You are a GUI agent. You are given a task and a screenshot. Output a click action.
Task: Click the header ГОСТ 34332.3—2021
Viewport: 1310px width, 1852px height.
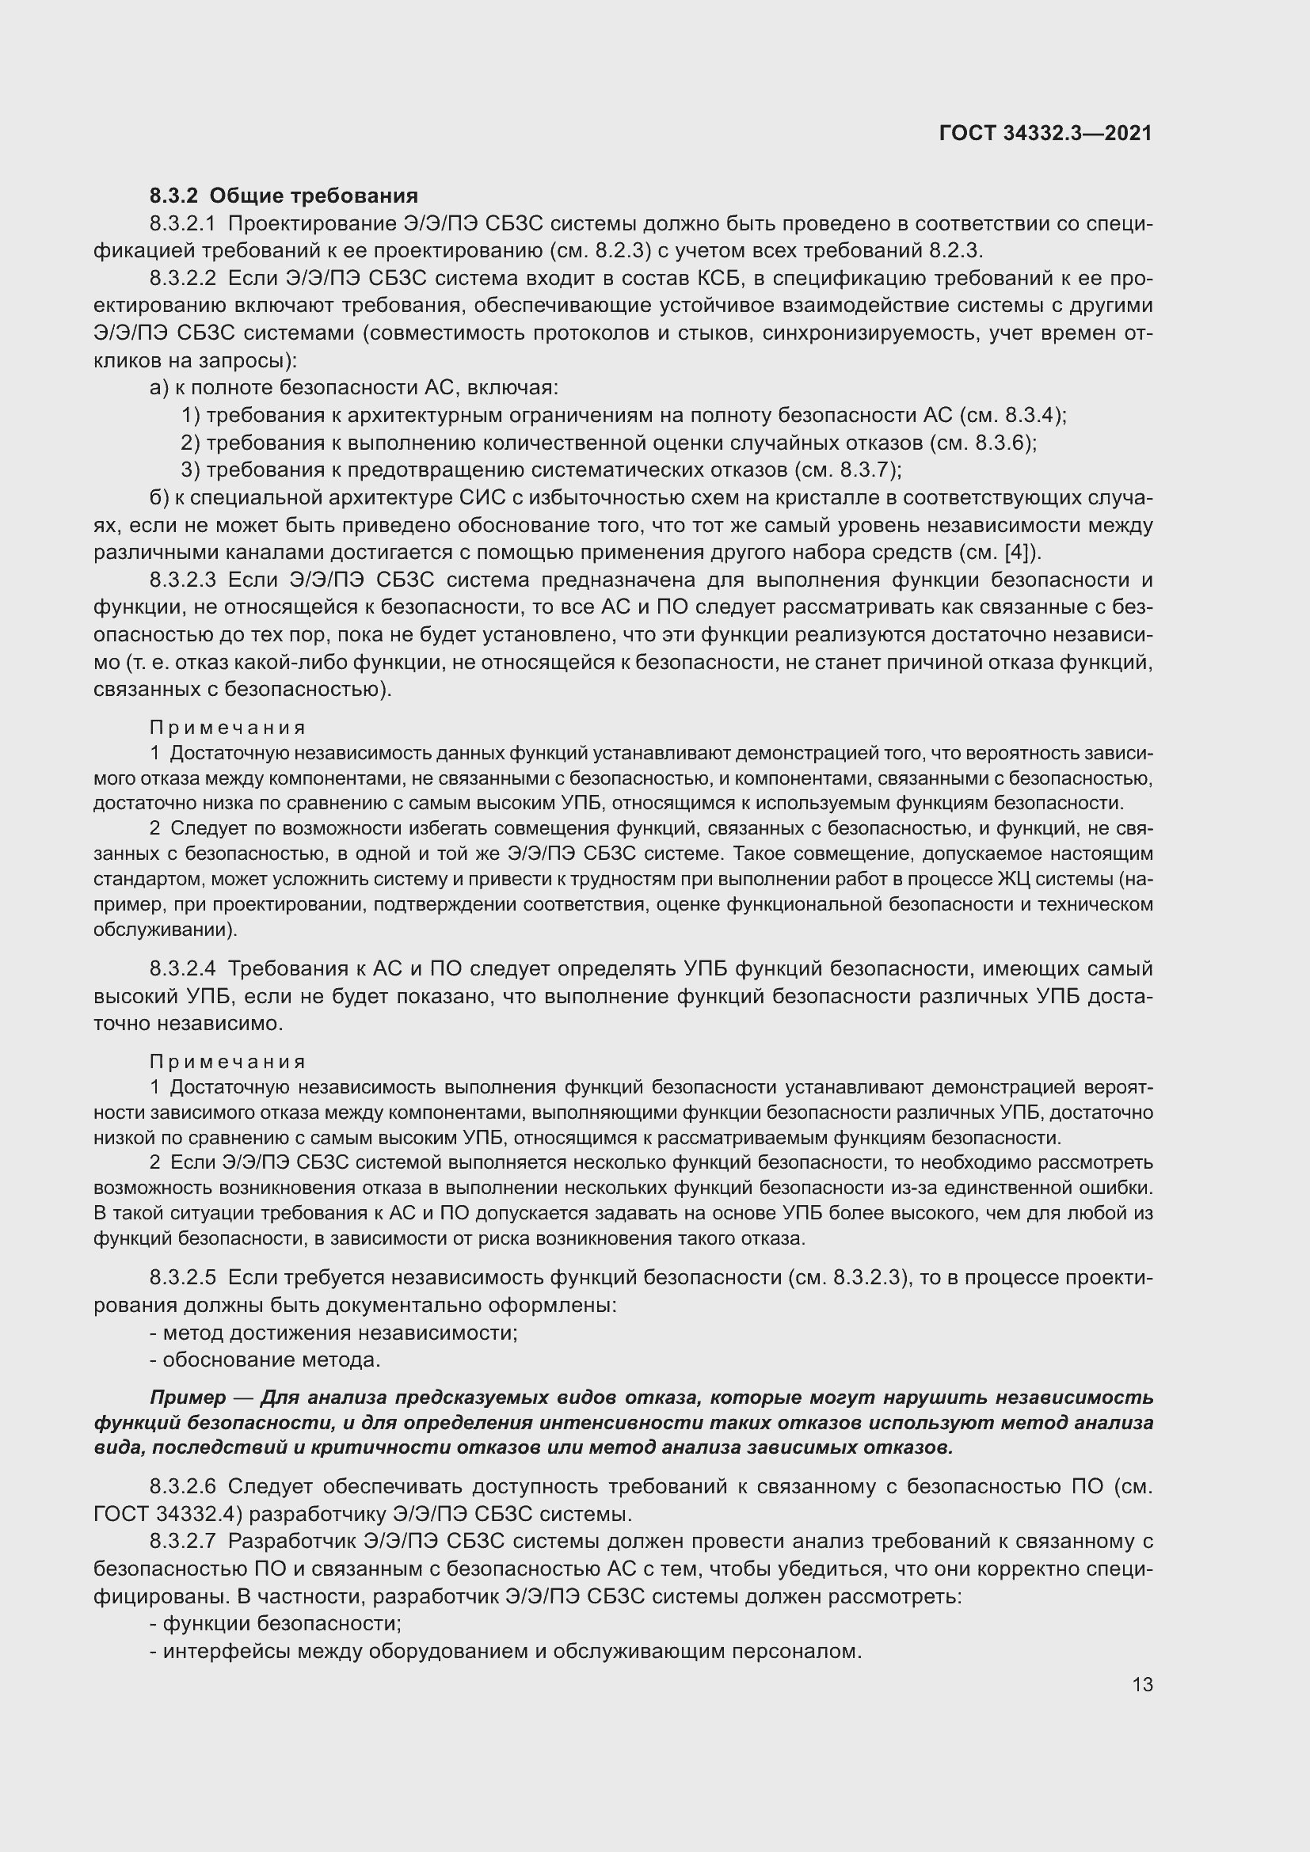click(x=1045, y=134)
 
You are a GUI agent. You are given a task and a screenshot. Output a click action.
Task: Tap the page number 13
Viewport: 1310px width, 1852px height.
click(x=1142, y=1685)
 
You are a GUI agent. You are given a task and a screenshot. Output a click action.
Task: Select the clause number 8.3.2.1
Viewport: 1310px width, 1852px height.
click(x=182, y=223)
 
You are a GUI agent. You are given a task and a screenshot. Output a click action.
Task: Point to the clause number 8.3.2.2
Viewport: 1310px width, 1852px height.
click(x=182, y=279)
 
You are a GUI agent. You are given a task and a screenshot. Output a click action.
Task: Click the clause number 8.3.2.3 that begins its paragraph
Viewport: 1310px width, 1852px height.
click(x=182, y=580)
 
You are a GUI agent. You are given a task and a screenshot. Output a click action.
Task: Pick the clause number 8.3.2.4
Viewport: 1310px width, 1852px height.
click(x=182, y=968)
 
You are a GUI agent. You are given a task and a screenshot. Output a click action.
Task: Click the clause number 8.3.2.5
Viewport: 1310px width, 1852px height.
click(x=182, y=1278)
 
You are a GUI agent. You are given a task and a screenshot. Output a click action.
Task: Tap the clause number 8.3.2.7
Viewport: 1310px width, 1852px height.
click(x=182, y=1542)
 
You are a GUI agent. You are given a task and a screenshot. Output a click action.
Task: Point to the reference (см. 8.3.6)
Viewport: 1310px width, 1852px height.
click(x=981, y=443)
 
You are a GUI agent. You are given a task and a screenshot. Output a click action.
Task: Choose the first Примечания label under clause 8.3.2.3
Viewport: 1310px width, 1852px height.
click(x=227, y=728)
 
